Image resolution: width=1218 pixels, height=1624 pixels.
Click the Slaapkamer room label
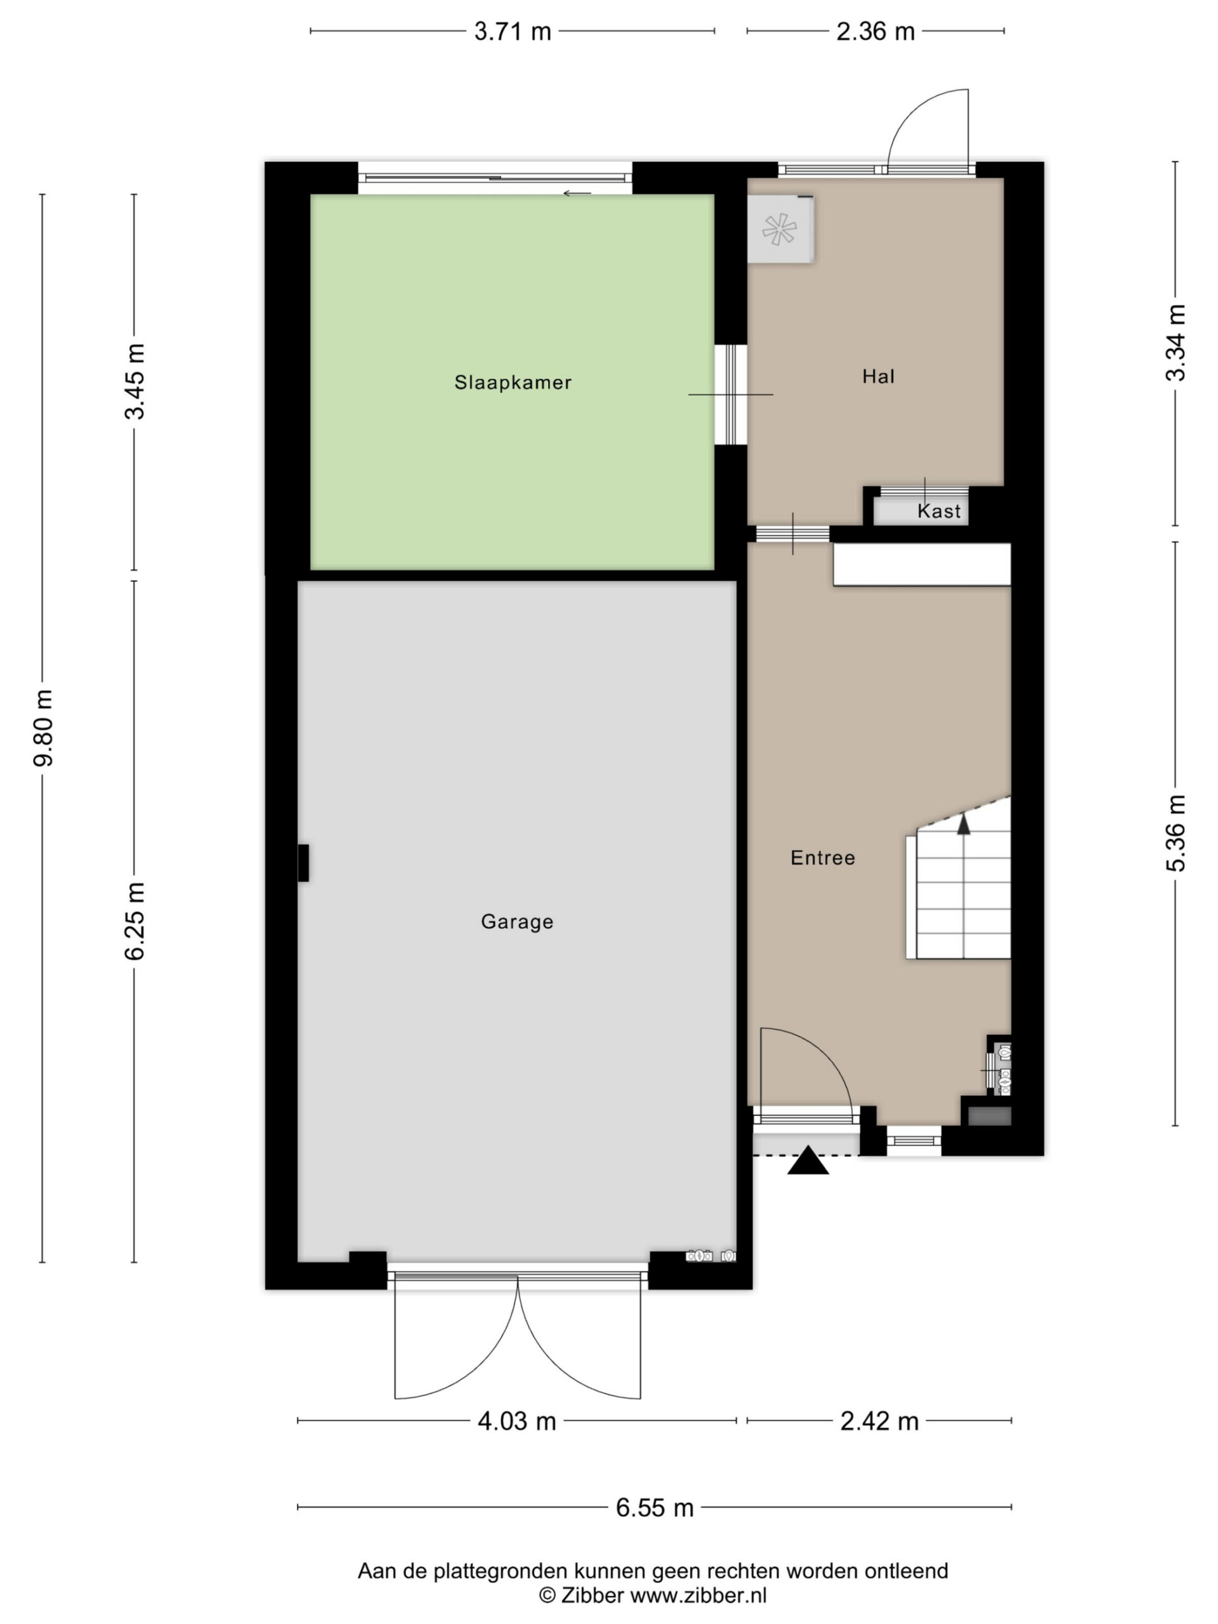pyautogui.click(x=513, y=382)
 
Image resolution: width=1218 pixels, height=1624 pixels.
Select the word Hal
pyautogui.click(x=878, y=376)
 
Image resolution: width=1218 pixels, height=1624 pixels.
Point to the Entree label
pyautogui.click(x=822, y=858)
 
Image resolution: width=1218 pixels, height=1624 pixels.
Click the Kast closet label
pyautogui.click(x=939, y=511)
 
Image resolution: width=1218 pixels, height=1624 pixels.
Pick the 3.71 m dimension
pyautogui.click(x=513, y=32)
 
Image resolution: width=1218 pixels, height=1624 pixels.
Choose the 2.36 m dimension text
pyautogui.click(x=876, y=32)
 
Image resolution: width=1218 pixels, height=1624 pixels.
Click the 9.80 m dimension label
pyautogui.click(x=43, y=728)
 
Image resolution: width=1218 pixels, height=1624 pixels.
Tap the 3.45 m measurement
pyautogui.click(x=134, y=381)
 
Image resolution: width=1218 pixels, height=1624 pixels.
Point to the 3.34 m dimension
pyautogui.click(x=1175, y=343)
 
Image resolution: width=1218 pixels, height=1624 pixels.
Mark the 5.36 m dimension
pyautogui.click(x=1175, y=834)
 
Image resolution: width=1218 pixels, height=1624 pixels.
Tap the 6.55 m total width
pyautogui.click(x=655, y=1507)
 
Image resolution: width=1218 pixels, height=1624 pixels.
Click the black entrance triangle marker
pyautogui.click(x=808, y=1162)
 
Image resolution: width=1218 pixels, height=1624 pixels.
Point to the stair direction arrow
pyautogui.click(x=963, y=825)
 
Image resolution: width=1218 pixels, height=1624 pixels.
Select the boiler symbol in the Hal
pyautogui.click(x=780, y=229)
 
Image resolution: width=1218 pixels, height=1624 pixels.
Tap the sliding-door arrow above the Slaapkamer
pyautogui.click(x=577, y=194)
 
